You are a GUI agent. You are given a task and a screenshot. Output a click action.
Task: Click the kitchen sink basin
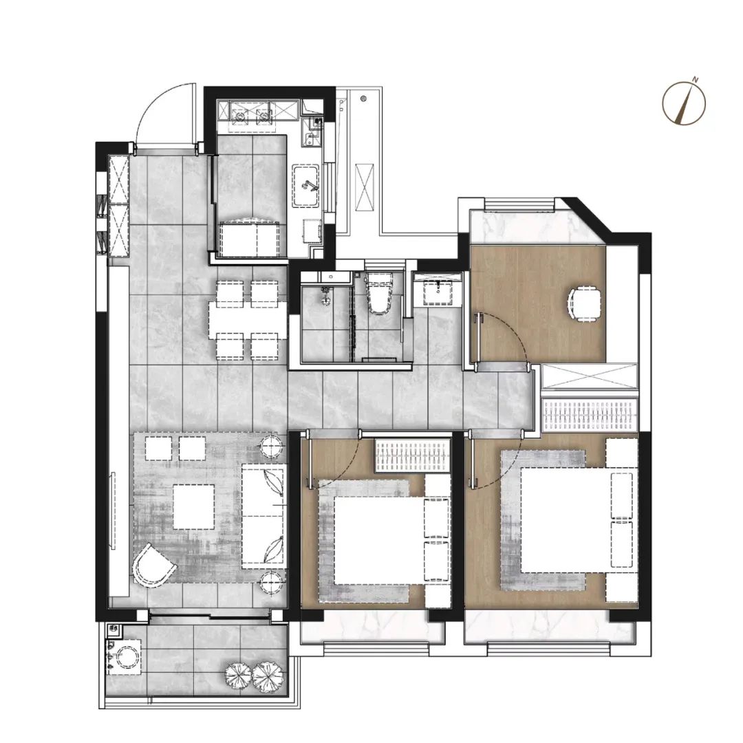(x=307, y=186)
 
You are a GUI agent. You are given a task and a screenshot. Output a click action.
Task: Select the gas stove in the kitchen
(x=252, y=114)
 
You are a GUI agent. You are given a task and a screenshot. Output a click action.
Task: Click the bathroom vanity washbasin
(x=438, y=291)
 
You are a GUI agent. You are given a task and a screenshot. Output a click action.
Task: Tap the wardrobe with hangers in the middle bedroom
(x=412, y=456)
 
